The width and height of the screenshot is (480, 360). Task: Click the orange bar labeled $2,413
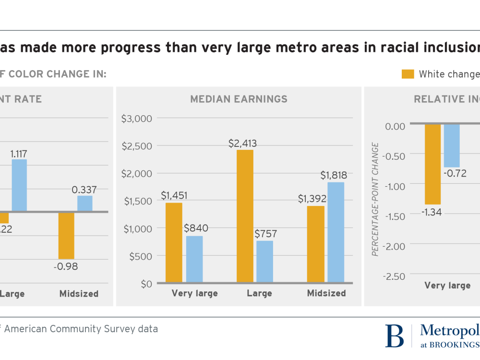click(x=245, y=216)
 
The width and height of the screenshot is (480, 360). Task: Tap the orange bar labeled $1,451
click(x=174, y=242)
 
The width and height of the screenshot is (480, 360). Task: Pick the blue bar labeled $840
click(x=194, y=259)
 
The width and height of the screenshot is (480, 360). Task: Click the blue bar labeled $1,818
click(x=336, y=232)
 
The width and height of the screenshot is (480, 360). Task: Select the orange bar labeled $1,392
click(x=316, y=244)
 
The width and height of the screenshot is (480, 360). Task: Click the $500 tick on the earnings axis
click(x=140, y=256)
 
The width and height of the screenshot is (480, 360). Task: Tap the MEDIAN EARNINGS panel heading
click(x=239, y=99)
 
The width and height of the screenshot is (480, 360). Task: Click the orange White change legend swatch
click(x=408, y=74)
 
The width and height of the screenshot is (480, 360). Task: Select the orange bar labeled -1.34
click(x=432, y=164)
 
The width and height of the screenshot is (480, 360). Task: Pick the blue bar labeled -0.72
click(x=452, y=145)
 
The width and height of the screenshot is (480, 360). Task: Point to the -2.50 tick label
click(x=394, y=276)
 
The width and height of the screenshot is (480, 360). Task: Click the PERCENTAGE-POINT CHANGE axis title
click(x=376, y=199)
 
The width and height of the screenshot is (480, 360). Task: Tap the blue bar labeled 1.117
click(x=19, y=185)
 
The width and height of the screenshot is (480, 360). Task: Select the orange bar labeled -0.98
click(x=66, y=235)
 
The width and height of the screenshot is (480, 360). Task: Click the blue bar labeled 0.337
click(x=85, y=204)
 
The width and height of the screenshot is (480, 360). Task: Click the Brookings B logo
click(x=395, y=336)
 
